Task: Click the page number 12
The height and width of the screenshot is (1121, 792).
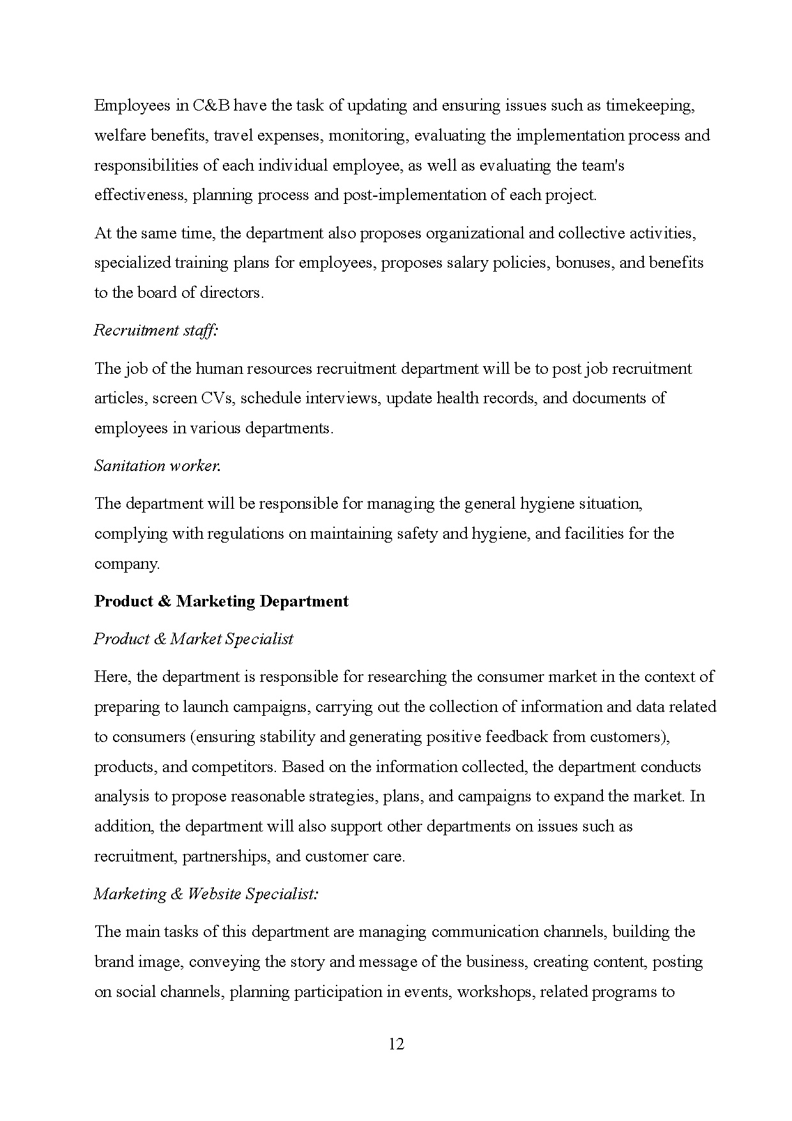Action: [x=396, y=1044]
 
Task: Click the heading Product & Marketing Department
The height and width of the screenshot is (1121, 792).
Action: [x=221, y=601]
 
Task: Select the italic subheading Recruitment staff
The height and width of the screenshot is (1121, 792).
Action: [x=156, y=330]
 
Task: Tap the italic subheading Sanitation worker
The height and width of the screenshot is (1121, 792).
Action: [x=157, y=466]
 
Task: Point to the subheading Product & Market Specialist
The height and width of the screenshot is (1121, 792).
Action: [x=194, y=639]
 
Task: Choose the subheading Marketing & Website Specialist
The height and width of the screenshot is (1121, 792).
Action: [x=206, y=894]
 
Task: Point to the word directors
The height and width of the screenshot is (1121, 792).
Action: [x=231, y=293]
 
